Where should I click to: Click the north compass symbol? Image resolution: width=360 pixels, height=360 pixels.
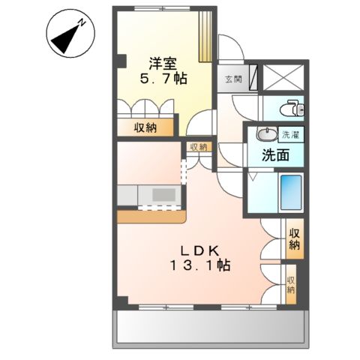(69, 34)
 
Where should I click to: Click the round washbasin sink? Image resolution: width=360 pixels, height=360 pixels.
(265, 135)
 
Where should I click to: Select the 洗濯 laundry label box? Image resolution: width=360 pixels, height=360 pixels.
(290, 136)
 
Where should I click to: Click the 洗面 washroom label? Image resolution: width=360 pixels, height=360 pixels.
(276, 156)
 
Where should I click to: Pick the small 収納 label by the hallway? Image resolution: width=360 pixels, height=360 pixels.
(198, 148)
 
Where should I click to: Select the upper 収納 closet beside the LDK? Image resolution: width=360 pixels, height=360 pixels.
(294, 239)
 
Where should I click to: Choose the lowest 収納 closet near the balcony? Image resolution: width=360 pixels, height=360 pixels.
(291, 285)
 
